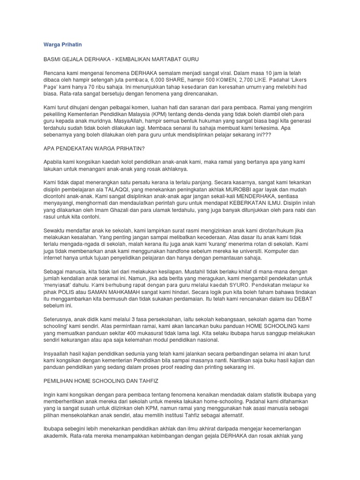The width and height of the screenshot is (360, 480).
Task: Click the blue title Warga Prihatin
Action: (x=63, y=45)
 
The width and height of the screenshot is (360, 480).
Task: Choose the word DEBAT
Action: (x=305, y=299)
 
